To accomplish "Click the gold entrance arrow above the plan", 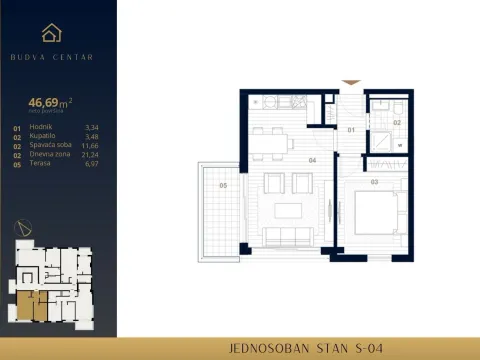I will click(350, 83).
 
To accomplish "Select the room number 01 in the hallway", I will click(351, 130).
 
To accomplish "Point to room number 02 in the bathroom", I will click(396, 122).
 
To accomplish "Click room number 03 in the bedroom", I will click(374, 182).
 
